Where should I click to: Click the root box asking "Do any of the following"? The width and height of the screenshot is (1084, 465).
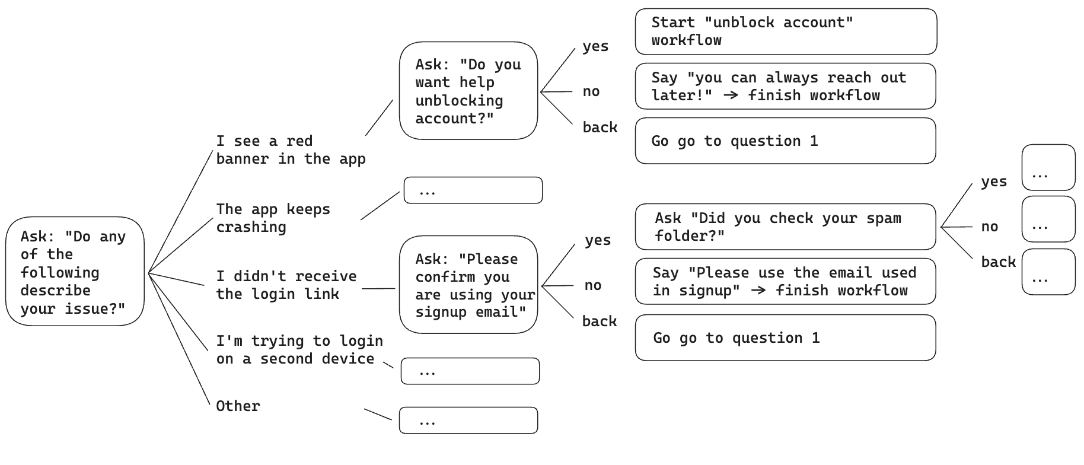(x=75, y=272)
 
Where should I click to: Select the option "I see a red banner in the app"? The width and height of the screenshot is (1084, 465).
(x=290, y=150)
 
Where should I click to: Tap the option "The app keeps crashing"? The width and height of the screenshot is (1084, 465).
(x=273, y=218)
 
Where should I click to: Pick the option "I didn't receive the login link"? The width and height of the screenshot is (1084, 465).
(x=286, y=285)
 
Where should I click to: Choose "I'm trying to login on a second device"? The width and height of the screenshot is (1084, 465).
(x=299, y=350)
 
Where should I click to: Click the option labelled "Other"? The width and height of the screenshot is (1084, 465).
(x=238, y=406)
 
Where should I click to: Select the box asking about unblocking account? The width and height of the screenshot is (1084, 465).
(x=468, y=91)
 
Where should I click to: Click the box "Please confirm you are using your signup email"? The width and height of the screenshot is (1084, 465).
(x=468, y=285)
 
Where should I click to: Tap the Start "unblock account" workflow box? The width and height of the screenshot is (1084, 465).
(x=785, y=32)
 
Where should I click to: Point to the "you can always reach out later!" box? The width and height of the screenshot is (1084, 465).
(x=785, y=87)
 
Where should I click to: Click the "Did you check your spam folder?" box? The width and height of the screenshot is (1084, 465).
(x=785, y=227)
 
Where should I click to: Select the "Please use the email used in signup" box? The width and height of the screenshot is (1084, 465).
(x=785, y=282)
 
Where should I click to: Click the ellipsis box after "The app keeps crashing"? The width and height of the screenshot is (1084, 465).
(x=473, y=190)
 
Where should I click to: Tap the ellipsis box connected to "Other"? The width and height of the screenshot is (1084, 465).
(x=468, y=421)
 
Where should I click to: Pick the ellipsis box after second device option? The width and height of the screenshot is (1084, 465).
(x=470, y=371)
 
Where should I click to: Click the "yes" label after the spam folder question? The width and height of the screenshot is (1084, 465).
(x=993, y=181)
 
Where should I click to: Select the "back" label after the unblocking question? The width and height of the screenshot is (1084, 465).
(x=600, y=128)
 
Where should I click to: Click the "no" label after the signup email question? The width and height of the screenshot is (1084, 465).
(x=592, y=285)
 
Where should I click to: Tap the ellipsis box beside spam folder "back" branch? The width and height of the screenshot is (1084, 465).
(x=1048, y=272)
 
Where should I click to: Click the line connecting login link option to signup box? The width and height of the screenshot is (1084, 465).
(x=378, y=289)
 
